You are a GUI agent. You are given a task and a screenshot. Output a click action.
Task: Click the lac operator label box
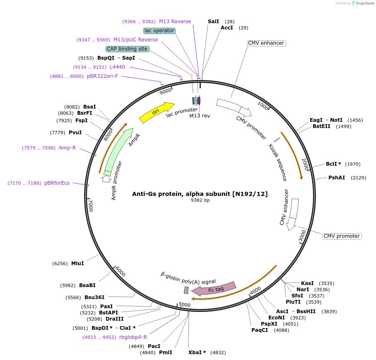coord(159,31)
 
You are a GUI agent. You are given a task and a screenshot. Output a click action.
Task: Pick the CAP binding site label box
coord(127,49)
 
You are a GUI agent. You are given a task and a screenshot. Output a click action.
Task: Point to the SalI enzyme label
coord(213,21)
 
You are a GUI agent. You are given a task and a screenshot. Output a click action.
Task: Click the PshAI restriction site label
coord(337,178)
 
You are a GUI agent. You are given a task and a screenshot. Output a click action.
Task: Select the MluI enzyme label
coord(77,263)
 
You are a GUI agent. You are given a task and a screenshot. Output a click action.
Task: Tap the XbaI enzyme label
coord(197,353)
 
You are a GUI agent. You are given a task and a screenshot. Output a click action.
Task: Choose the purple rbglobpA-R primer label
coord(133,337)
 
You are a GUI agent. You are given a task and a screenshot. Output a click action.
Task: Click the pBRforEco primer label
coord(57,183)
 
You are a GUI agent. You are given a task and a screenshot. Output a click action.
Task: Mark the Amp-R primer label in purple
coord(67,147)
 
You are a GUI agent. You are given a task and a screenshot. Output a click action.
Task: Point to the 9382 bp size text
coord(200,201)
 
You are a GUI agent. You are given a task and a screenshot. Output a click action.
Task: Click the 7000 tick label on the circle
coord(91,205)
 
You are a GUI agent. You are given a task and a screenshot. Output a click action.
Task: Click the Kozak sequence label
coord(277,162)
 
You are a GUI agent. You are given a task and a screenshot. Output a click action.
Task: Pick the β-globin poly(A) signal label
coord(188,277)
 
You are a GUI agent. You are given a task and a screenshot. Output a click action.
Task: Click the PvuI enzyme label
coord(75,133)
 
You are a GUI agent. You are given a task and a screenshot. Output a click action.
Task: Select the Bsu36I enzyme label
coord(94,297)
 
